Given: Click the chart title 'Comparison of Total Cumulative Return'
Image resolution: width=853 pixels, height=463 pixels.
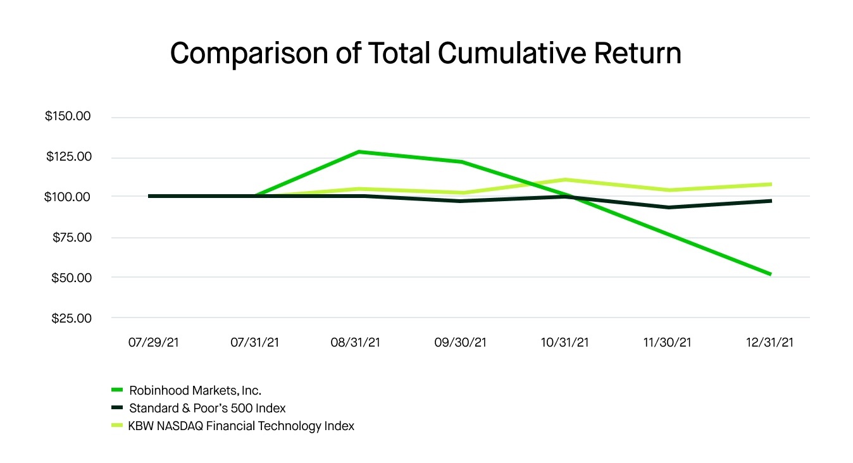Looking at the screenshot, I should point(426,53).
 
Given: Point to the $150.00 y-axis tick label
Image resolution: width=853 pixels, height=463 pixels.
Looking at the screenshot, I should point(68,117).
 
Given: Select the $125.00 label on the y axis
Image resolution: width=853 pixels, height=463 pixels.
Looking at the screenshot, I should point(68,157).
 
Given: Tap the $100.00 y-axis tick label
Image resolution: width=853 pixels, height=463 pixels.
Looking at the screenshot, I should point(68,197).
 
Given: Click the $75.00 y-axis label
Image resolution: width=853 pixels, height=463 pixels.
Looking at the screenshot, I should point(71,237).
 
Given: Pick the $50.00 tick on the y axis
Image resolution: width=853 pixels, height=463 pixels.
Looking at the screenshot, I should point(71,278).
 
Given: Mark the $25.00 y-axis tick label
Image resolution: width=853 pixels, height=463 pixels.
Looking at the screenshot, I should point(71,318).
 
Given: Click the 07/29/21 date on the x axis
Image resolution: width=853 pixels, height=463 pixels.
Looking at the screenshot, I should point(153,342).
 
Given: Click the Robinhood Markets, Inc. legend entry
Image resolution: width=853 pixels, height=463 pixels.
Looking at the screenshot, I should point(195,390).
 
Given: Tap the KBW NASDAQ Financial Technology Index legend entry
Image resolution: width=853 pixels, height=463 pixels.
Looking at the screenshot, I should point(241,426).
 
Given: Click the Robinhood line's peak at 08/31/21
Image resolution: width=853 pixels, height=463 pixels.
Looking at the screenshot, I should point(359,152).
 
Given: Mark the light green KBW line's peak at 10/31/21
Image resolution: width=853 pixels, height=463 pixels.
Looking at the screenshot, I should point(565,180).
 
